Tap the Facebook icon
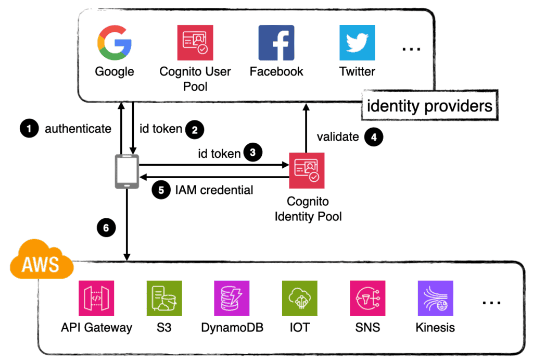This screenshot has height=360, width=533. (276, 43)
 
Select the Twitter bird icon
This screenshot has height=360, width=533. (357, 43)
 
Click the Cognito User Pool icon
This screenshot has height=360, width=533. (195, 43)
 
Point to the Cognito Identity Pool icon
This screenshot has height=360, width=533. (307, 170)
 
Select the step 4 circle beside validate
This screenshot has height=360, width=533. (374, 137)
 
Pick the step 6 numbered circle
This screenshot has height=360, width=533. (106, 227)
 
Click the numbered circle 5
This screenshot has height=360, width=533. (161, 190)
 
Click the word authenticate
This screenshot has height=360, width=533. (78, 129)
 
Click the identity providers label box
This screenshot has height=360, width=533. (429, 106)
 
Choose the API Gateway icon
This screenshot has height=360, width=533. (96, 299)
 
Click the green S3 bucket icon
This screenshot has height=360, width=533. (164, 299)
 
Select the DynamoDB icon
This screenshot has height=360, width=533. (232, 299)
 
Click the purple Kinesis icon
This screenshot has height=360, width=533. (435, 299)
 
